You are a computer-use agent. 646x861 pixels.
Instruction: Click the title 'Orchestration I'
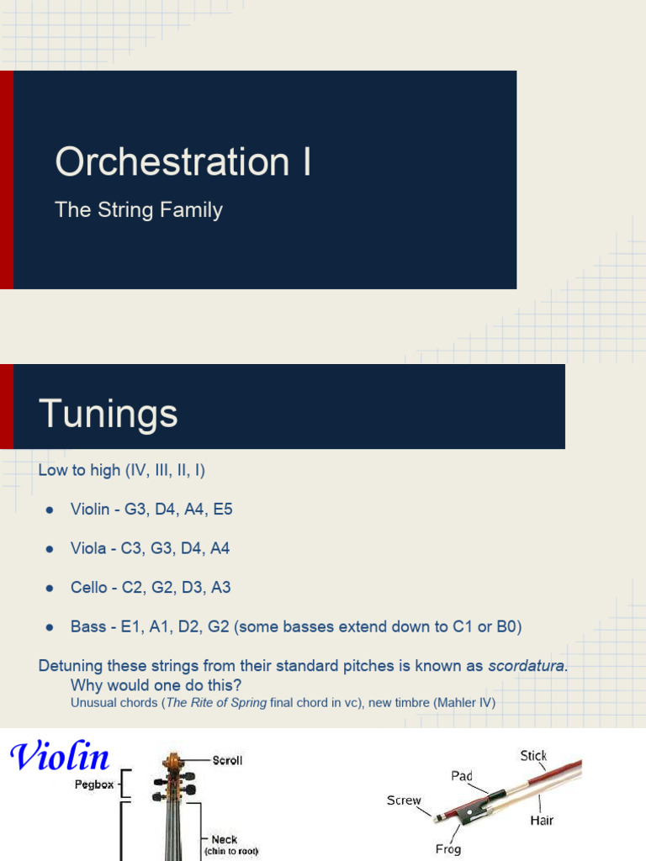183,161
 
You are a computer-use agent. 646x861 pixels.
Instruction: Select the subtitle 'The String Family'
139,209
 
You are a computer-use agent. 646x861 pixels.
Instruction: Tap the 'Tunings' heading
108,414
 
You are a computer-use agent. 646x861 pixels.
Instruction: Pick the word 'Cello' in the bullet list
89,588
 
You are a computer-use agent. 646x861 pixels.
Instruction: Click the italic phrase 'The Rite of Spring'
216,702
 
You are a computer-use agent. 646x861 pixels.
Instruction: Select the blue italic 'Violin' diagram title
60,757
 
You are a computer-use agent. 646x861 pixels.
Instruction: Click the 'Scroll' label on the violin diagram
227,760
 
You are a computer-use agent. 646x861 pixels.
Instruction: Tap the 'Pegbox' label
93,784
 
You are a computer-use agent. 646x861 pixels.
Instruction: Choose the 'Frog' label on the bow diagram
447,848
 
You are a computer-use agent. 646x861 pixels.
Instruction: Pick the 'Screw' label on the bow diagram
404,800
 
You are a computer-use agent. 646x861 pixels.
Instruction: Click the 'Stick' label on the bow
533,756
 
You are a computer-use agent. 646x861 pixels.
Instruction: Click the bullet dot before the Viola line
50,549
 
